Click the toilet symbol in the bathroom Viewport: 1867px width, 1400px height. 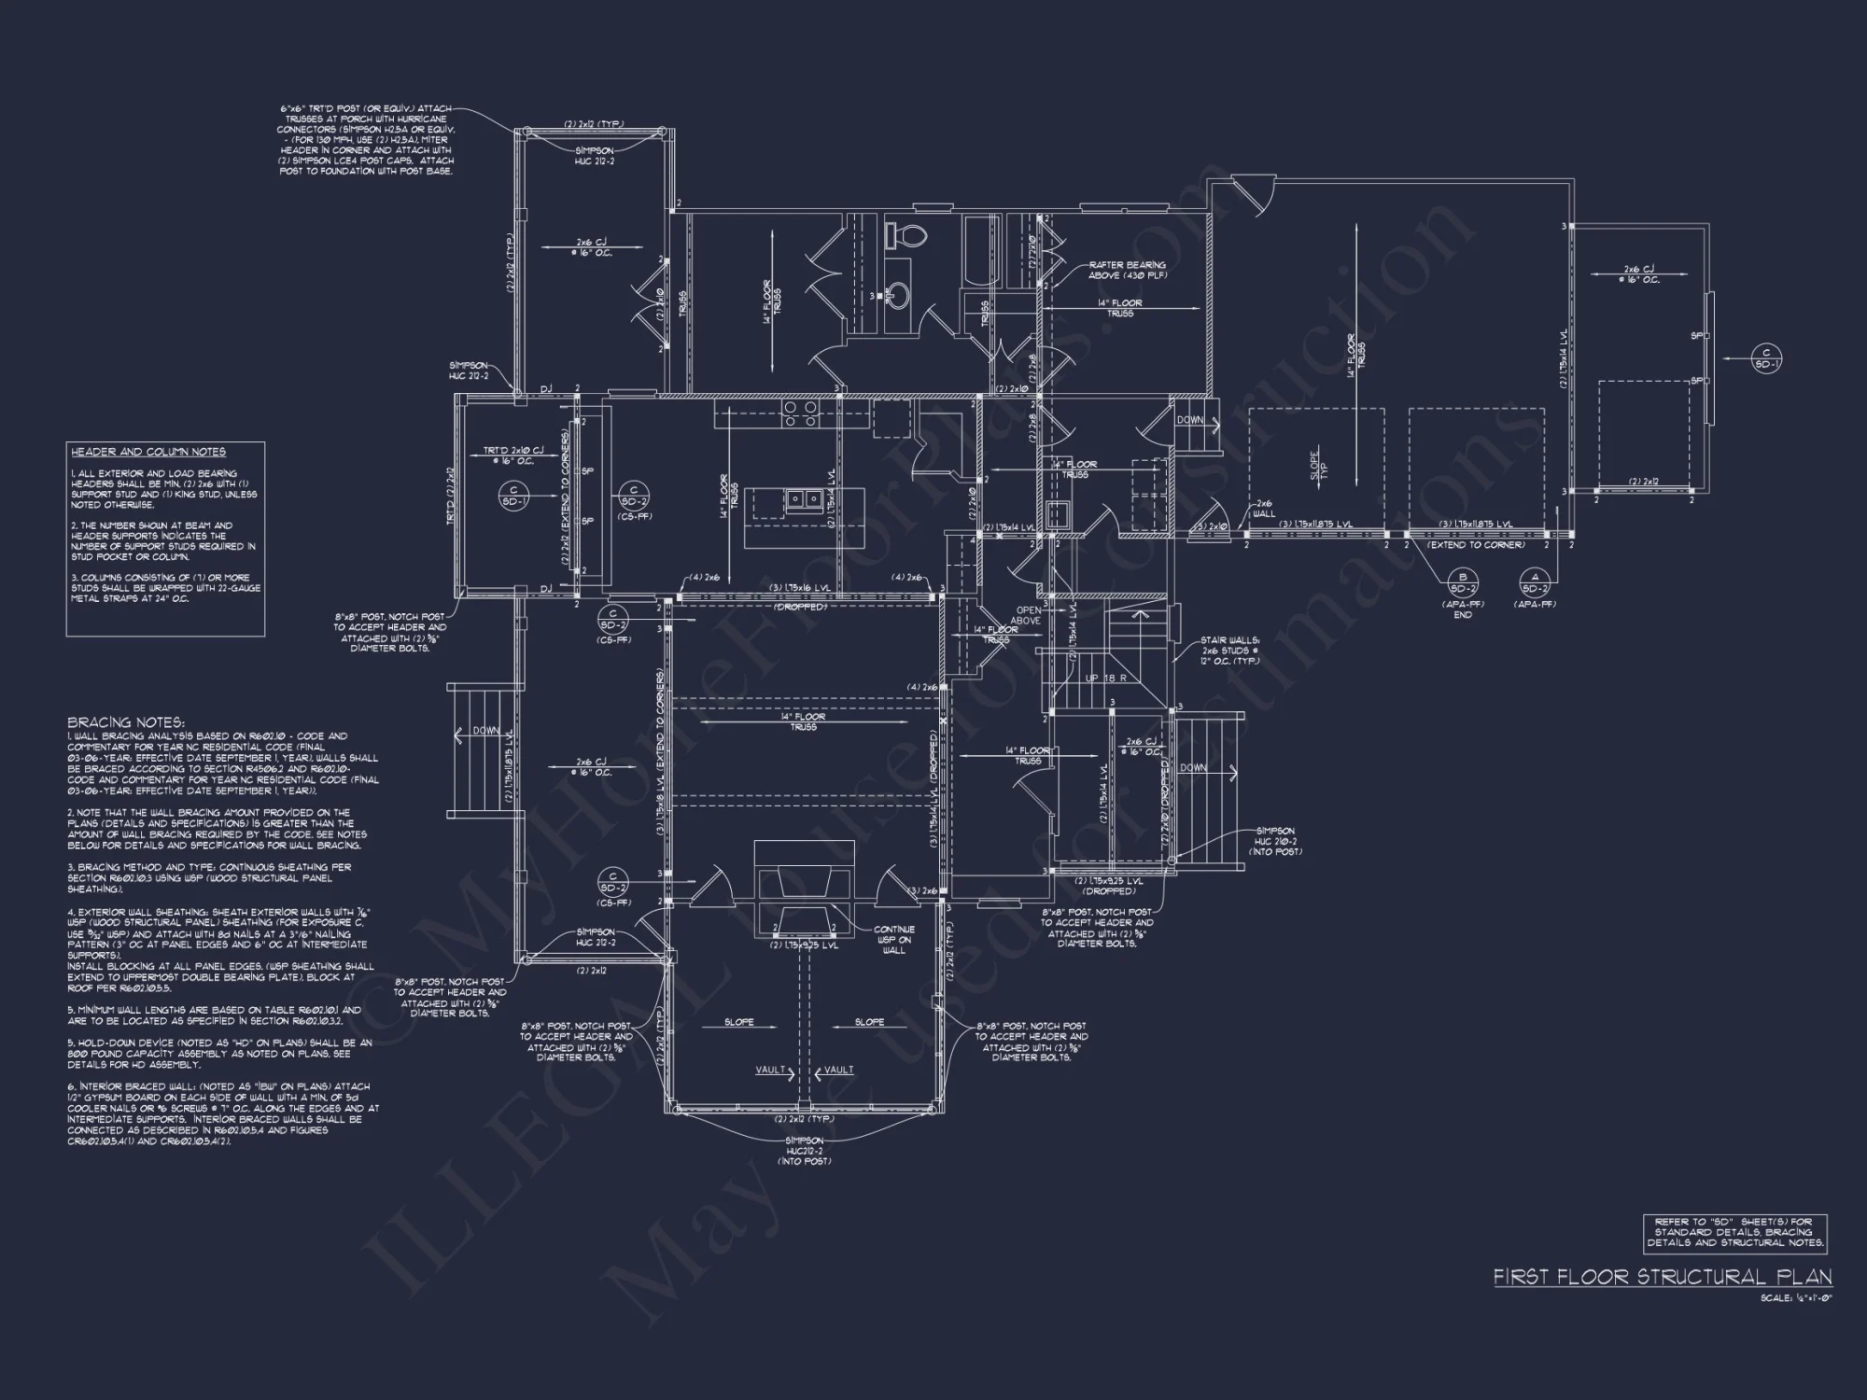[x=903, y=235]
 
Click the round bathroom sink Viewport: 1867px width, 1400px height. [x=899, y=296]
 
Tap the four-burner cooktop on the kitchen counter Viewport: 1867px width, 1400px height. [x=799, y=413]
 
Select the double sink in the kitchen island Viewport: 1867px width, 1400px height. [x=802, y=499]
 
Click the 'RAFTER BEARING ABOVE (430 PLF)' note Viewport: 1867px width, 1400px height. [x=1127, y=271]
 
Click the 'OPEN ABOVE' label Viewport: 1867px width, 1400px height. [x=1028, y=615]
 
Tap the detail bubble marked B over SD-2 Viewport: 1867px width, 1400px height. [x=1463, y=582]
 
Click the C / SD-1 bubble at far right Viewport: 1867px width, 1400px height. [x=1766, y=358]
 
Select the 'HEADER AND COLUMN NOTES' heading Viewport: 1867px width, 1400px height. [x=147, y=453]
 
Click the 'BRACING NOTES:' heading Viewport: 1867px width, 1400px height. [x=126, y=722]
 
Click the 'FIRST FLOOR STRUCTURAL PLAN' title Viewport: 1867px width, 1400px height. [x=1662, y=1277]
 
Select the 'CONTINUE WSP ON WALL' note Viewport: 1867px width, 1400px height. [x=894, y=940]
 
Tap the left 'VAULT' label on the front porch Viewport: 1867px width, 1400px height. [x=771, y=1070]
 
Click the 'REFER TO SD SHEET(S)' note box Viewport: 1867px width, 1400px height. [x=1734, y=1232]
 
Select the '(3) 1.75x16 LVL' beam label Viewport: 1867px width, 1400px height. [x=799, y=588]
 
